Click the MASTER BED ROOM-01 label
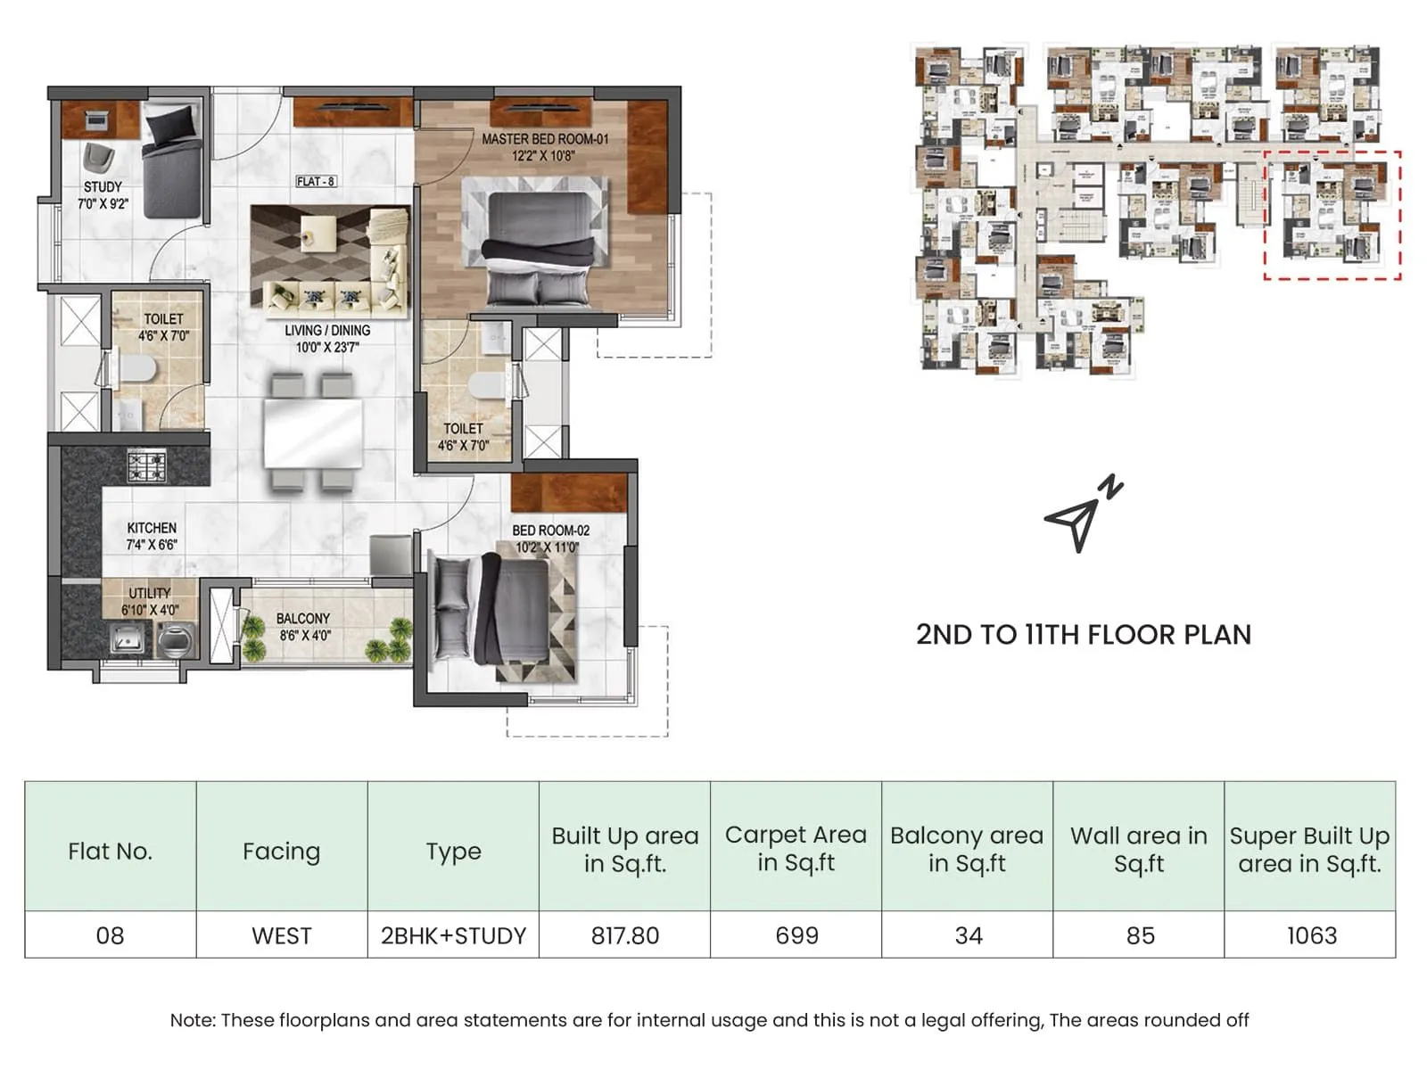pos(544,139)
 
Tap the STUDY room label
pos(103,187)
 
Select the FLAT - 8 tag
pos(316,182)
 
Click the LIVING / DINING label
pos(327,331)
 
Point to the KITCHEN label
pos(152,528)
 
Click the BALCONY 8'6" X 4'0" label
pos(303,627)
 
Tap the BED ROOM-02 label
pos(550,531)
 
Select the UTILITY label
pos(149,593)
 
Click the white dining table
pos(313,433)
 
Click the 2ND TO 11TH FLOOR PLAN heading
pos(1084,635)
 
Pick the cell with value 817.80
pos(624,935)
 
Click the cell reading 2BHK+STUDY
pos(453,935)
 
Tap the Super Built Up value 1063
pos(1311,935)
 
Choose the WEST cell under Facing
pos(282,935)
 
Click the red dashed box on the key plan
pos(1332,216)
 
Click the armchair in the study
pos(98,157)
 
